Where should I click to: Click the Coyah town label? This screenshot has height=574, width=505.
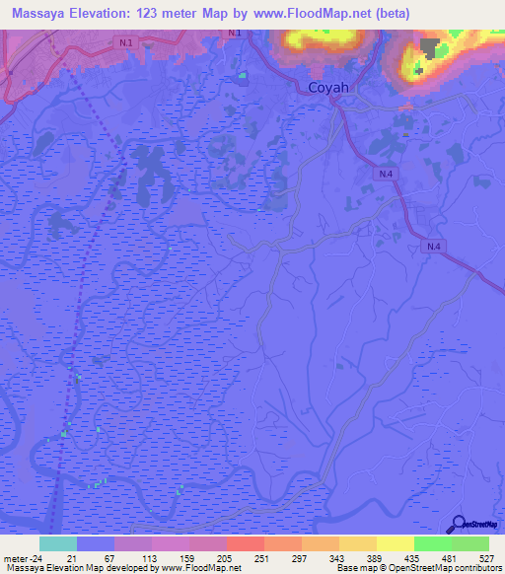325,88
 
